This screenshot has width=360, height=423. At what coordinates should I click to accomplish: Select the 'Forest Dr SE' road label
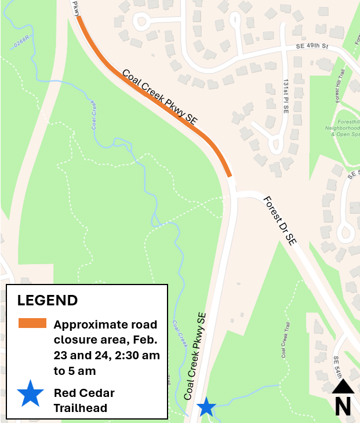click(280, 220)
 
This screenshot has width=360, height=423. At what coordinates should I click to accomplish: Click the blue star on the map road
click(206, 407)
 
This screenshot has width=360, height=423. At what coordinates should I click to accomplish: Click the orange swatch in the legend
click(32, 323)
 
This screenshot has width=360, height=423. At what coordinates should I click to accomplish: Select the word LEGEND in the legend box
click(48, 300)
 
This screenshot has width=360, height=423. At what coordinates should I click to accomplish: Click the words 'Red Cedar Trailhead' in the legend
click(84, 400)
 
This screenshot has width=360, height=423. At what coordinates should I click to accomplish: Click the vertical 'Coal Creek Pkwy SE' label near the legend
click(195, 356)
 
